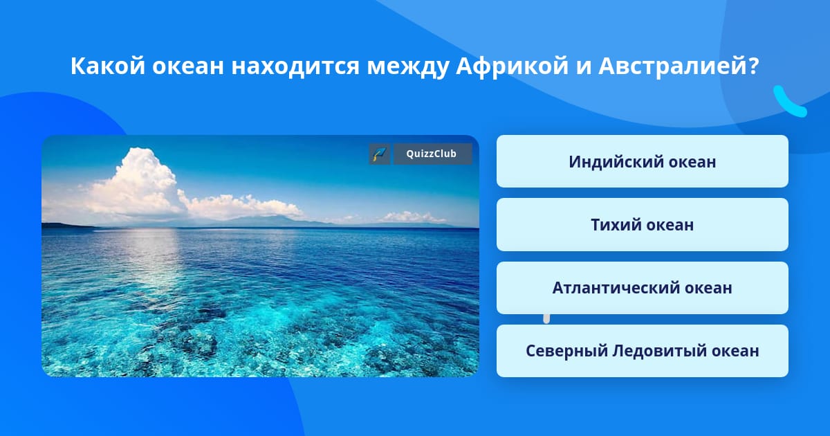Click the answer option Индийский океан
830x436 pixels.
click(x=642, y=161)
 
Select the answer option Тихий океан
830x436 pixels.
click(x=642, y=225)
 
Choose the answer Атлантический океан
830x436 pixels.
click(x=642, y=288)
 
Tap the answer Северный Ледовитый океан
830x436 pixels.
click(x=642, y=351)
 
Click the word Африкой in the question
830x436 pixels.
click(x=512, y=66)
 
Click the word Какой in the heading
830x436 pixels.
click(x=107, y=66)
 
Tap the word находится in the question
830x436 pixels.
click(x=295, y=66)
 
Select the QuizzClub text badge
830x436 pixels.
click(x=432, y=154)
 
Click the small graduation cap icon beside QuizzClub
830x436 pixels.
click(x=380, y=154)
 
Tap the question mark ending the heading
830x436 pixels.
click(x=753, y=66)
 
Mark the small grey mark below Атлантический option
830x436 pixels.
click(x=546, y=319)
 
